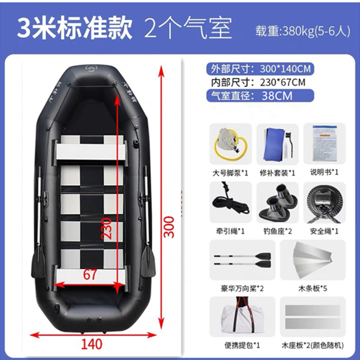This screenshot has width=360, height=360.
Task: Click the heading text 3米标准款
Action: pyautogui.click(x=75, y=29)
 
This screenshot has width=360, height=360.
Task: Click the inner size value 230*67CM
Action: pyautogui.click(x=283, y=82)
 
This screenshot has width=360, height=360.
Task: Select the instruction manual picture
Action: pyautogui.click(x=324, y=143)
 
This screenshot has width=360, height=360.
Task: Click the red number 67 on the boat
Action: pyautogui.click(x=90, y=274)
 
